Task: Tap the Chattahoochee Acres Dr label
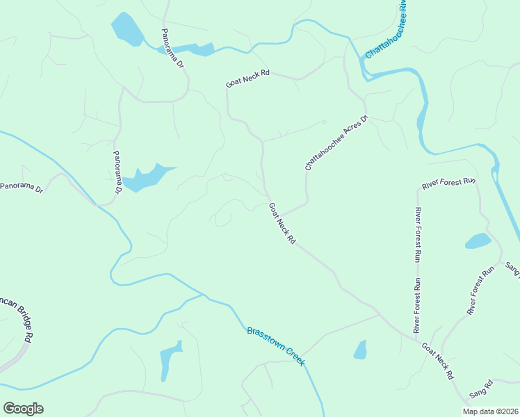336,142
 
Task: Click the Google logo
23,409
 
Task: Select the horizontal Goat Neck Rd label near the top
247,78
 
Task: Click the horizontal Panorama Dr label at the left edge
22,187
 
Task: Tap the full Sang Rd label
480,389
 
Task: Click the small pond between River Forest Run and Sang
478,241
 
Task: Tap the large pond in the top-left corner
127,30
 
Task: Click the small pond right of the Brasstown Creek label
360,350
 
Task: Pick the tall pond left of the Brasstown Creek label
171,360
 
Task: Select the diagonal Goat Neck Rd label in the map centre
282,222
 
